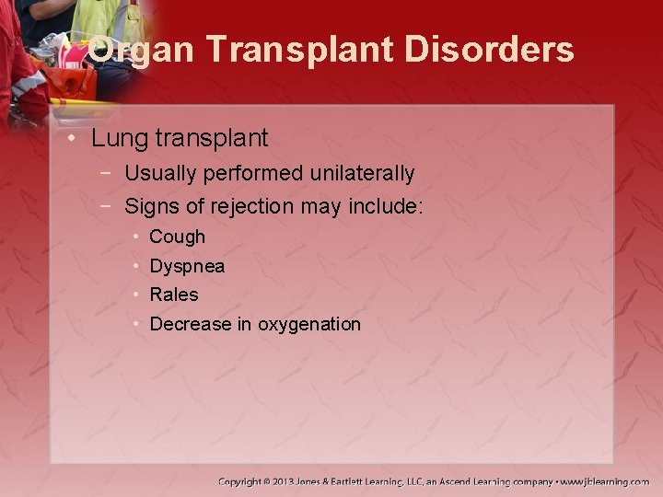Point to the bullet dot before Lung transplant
coord(72,139)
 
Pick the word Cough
coord(177,237)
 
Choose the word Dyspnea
coord(187,267)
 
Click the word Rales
coord(174,295)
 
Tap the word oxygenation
coord(309,325)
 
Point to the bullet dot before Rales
coord(135,295)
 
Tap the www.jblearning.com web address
coord(605,481)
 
